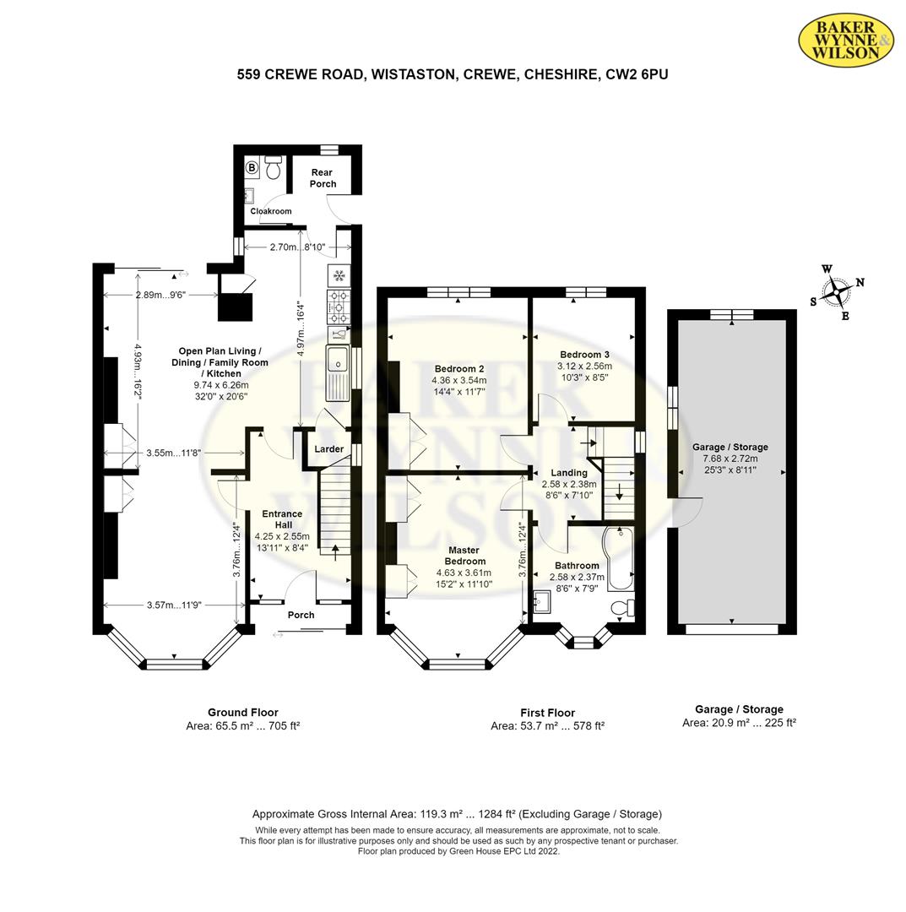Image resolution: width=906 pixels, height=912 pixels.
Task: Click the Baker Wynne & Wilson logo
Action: pyautogui.click(x=845, y=40)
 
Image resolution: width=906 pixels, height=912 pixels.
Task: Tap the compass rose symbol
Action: pyautogui.click(x=837, y=292)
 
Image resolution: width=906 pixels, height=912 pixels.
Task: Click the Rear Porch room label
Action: pyautogui.click(x=323, y=178)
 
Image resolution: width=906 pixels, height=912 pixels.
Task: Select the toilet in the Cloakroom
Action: pyautogui.click(x=273, y=167)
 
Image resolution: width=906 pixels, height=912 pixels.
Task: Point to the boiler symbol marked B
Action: pyautogui.click(x=252, y=168)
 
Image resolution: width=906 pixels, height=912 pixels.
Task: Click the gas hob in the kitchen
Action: pyautogui.click(x=339, y=307)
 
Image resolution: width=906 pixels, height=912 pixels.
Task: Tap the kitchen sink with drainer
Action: pyautogui.click(x=337, y=372)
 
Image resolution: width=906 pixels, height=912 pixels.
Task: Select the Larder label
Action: pyautogui.click(x=329, y=449)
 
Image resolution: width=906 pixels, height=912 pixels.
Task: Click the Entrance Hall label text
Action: pyautogui.click(x=283, y=519)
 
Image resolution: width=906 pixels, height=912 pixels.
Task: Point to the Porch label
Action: pyautogui.click(x=301, y=615)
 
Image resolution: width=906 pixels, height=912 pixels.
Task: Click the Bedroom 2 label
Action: pyautogui.click(x=459, y=369)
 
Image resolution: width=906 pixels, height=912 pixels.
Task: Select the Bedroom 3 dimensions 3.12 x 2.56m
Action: pyautogui.click(x=584, y=366)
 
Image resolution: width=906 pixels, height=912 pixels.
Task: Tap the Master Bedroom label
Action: pyautogui.click(x=464, y=556)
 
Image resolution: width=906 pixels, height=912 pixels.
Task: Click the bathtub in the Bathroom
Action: pyautogui.click(x=619, y=558)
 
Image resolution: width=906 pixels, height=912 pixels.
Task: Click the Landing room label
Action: pyautogui.click(x=569, y=473)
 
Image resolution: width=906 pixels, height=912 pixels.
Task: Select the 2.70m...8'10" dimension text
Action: pyautogui.click(x=297, y=247)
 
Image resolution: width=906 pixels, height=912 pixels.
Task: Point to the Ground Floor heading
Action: pyautogui.click(x=243, y=713)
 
